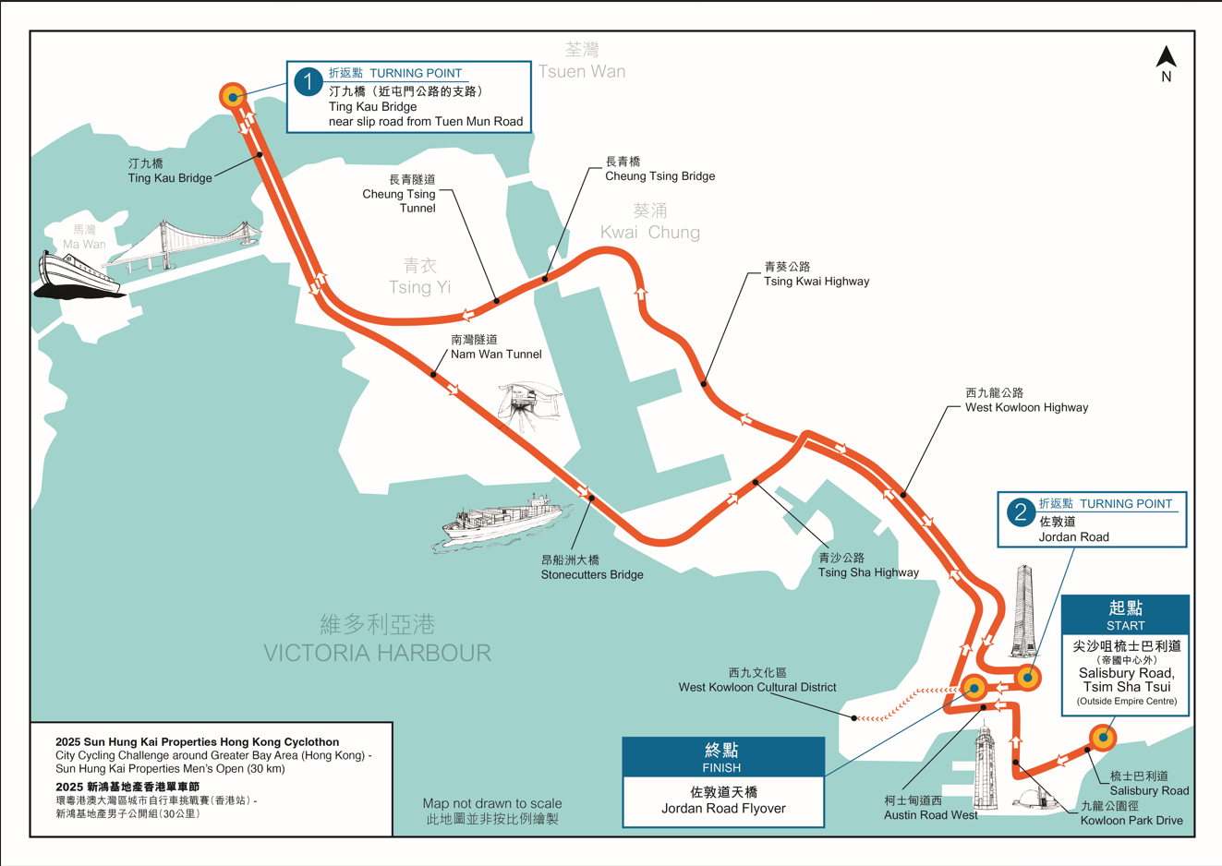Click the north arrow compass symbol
(1166, 57)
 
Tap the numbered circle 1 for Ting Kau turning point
(308, 81)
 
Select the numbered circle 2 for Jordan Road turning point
(1020, 512)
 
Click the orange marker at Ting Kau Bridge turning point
(233, 96)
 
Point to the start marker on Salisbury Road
(1103, 738)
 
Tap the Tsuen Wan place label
(581, 71)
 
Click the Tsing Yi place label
(419, 287)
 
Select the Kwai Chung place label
(649, 232)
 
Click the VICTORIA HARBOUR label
(377, 653)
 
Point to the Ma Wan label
(84, 245)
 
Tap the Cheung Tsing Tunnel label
(398, 194)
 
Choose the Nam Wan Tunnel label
(495, 355)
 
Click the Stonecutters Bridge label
(591, 574)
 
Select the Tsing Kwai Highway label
(816, 281)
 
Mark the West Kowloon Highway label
(1026, 407)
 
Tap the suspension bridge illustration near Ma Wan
(189, 244)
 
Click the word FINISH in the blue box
(721, 767)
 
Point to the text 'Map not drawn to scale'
(491, 803)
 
